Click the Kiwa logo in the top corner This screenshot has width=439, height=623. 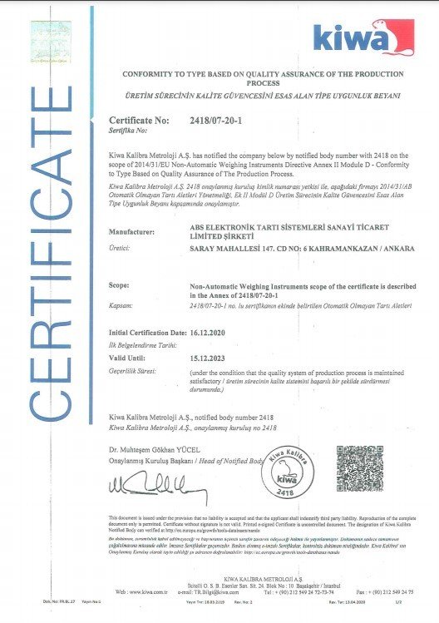tap(363, 38)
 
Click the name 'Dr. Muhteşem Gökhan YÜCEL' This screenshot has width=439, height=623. tap(155, 449)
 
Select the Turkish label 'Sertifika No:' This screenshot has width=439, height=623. tap(128, 131)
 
